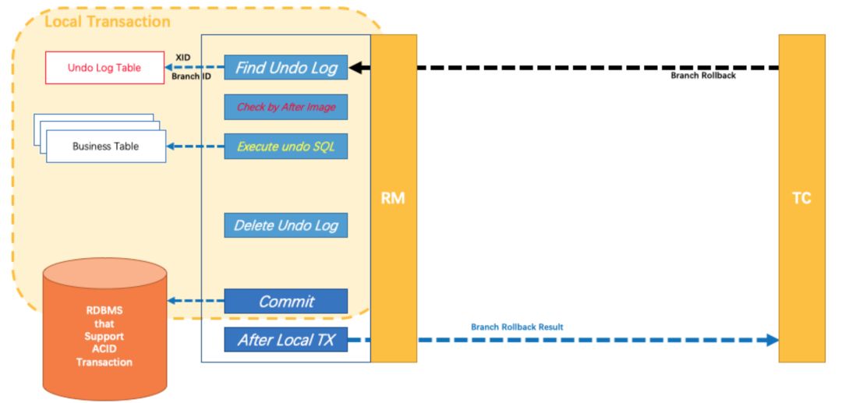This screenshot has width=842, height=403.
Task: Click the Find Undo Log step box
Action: point(285,68)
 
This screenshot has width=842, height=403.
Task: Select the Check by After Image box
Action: point(285,107)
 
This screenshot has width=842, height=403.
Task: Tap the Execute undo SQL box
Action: point(285,147)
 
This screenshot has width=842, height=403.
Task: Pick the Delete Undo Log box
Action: point(285,225)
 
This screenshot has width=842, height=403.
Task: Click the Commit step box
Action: point(285,301)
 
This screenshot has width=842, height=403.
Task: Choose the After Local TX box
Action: point(285,340)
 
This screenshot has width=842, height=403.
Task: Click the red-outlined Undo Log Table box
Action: point(104,68)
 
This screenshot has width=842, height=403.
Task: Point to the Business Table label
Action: point(106,146)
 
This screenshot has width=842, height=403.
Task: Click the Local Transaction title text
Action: point(108,22)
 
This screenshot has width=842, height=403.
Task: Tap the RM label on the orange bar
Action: point(393,199)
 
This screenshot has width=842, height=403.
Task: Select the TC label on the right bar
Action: point(801,199)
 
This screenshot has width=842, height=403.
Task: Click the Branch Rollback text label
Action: point(703,76)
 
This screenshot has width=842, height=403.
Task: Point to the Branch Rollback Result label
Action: point(517,327)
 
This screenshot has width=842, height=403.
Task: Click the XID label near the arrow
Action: point(183,58)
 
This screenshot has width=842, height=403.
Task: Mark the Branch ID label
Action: point(191,76)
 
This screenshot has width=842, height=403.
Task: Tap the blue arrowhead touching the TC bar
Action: point(772,340)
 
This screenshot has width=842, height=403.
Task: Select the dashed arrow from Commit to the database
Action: point(196,301)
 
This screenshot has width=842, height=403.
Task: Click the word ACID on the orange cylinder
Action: point(104,349)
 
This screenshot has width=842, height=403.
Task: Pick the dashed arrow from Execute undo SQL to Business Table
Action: point(196,146)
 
